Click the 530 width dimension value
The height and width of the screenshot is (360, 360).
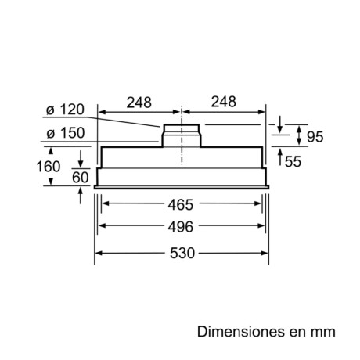tap(181, 254)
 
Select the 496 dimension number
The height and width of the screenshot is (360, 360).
tap(181, 228)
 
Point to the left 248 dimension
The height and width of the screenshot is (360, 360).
tap(138, 103)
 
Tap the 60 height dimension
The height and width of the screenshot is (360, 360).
tap(80, 178)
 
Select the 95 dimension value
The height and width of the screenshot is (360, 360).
tap(315, 137)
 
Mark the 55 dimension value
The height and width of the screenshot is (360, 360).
tap(293, 162)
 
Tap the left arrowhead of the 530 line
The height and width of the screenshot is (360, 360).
tap(99, 254)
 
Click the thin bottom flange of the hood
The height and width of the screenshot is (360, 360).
tap(181, 187)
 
